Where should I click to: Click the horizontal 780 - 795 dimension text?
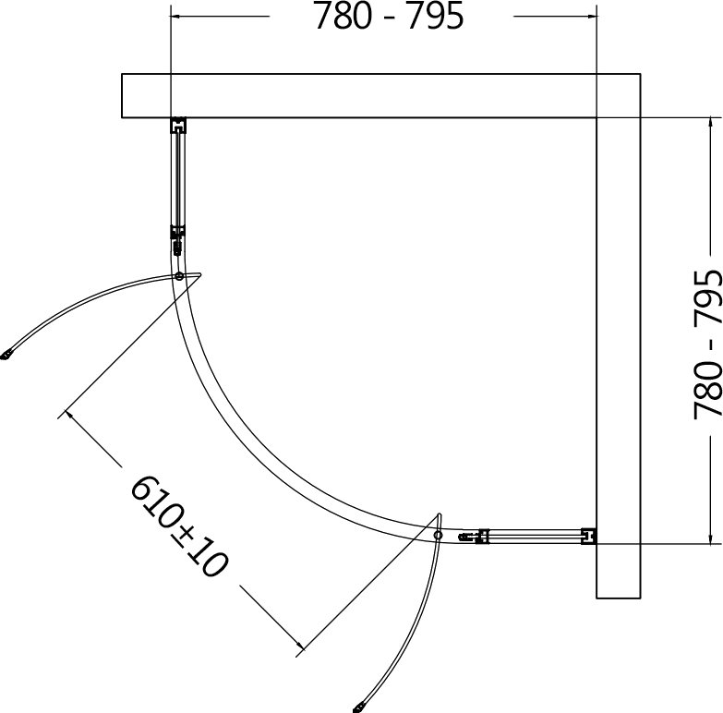[389, 17]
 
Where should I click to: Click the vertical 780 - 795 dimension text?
[707, 344]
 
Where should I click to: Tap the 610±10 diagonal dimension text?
[180, 526]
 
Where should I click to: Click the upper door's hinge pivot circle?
[179, 276]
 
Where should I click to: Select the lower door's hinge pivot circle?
[438, 535]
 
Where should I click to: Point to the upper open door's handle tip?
[6, 355]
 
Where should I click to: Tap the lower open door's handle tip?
[358, 707]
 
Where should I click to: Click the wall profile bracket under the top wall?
[178, 125]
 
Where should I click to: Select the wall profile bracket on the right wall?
[589, 537]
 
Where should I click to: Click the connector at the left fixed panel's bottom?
[177, 240]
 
